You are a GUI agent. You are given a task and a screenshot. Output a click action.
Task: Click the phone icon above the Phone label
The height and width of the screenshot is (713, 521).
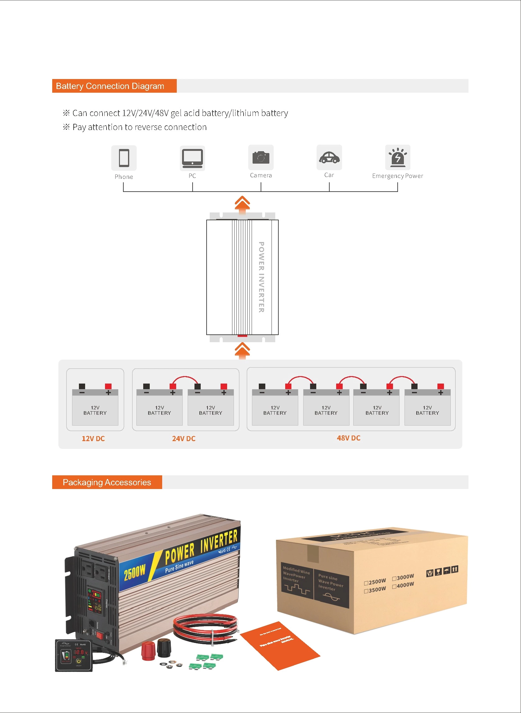click(x=124, y=158)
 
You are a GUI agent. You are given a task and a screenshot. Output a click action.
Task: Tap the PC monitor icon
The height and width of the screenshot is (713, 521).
click(x=192, y=158)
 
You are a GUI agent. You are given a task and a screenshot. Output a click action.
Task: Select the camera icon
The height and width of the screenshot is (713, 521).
click(x=261, y=157)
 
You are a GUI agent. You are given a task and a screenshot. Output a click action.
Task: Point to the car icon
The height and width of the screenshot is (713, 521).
click(x=329, y=157)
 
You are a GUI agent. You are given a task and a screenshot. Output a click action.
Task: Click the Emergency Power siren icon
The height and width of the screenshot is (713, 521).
click(x=398, y=157)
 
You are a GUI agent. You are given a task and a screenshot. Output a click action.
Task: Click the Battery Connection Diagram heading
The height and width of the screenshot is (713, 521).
click(x=110, y=86)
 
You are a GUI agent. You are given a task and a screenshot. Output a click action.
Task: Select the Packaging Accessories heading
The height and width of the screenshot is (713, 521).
click(x=107, y=482)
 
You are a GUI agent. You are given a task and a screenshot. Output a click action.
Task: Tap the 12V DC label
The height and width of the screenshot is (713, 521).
click(x=93, y=438)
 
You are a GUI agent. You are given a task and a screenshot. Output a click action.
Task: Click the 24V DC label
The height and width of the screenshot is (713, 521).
click(x=184, y=438)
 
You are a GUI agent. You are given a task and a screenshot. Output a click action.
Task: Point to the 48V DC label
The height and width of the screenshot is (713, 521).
click(x=349, y=438)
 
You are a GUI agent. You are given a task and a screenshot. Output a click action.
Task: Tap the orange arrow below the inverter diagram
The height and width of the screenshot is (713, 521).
click(x=242, y=351)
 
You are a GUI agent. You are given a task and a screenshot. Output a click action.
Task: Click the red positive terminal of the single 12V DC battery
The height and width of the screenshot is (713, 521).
click(x=108, y=386)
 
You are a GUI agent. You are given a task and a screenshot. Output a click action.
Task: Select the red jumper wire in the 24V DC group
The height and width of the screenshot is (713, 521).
click(x=185, y=377)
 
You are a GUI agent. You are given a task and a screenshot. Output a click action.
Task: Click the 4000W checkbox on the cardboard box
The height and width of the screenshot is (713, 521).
click(x=394, y=586)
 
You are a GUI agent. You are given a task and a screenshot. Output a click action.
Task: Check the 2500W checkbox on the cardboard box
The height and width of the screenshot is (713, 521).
click(x=366, y=583)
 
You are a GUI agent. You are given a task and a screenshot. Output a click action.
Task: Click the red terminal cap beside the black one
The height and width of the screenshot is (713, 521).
click(x=148, y=651)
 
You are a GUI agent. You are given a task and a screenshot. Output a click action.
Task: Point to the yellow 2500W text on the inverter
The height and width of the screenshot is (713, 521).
click(x=135, y=571)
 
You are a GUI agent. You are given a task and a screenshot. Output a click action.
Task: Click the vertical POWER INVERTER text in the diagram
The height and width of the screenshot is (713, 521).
click(x=261, y=277)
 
